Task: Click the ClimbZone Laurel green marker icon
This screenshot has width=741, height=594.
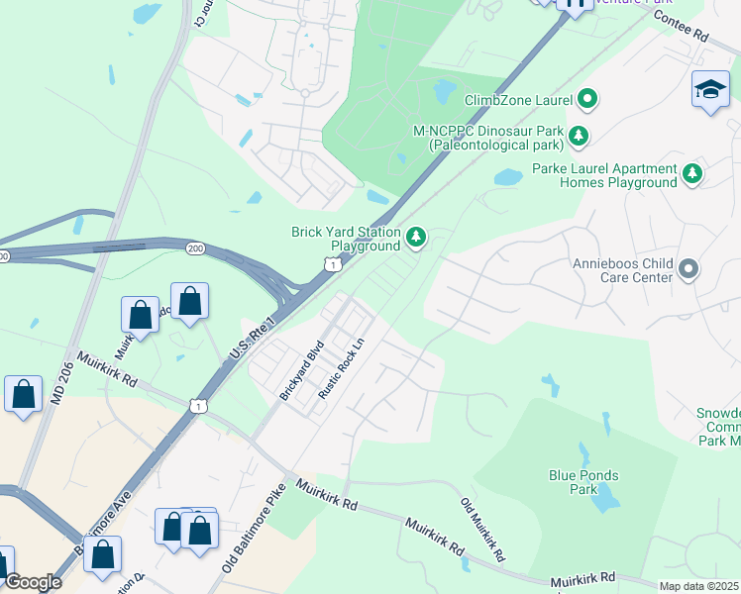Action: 587,98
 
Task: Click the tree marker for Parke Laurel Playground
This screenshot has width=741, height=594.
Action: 692,174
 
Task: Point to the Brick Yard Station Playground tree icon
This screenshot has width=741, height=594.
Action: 417,238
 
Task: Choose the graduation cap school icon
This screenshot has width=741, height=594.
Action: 710,90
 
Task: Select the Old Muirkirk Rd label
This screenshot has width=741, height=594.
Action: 483,531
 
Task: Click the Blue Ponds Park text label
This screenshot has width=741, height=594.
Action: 583,482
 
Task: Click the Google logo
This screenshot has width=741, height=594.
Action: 32,582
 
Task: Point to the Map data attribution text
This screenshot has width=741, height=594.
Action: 697,586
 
